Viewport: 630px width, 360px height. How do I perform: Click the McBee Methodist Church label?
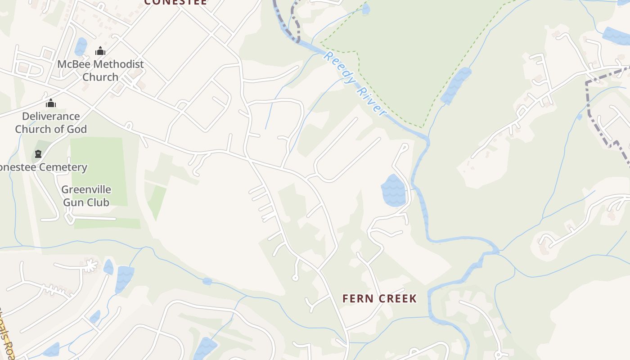pos(100,71)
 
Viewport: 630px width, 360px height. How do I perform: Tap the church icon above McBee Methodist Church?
pos(100,51)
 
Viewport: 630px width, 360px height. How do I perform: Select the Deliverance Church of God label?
pos(51,122)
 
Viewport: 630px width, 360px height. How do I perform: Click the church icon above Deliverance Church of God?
pos(51,103)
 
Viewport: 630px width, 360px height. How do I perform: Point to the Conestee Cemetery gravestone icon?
pos(38,154)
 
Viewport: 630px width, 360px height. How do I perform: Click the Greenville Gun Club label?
pos(86,196)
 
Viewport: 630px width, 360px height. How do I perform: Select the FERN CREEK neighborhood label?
pos(379,299)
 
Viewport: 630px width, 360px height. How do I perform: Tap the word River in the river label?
pos(371,101)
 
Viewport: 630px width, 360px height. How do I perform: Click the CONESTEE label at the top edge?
pos(175,2)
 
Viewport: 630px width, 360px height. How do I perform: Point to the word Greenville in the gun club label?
pos(86,189)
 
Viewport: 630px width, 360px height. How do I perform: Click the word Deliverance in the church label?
pos(51,116)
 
